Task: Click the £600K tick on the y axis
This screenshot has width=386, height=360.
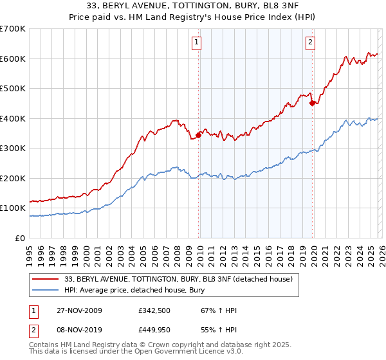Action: pyautogui.click(x=13, y=59)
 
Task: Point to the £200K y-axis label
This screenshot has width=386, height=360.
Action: pyautogui.click(x=13, y=178)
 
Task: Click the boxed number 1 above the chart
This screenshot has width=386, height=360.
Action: pyautogui.click(x=196, y=43)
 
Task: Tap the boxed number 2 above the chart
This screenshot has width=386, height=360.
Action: pyautogui.click(x=310, y=43)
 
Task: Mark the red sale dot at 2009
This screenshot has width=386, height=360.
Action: pyautogui.click(x=199, y=135)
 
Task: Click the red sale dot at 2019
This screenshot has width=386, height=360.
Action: pyautogui.click(x=312, y=103)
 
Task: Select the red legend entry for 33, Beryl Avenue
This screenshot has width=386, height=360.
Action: pyautogui.click(x=179, y=279)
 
